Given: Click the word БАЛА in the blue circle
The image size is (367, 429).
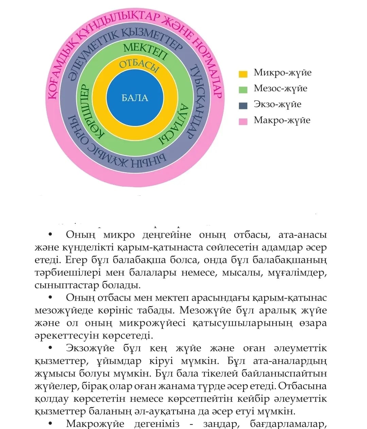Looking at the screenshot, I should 135,98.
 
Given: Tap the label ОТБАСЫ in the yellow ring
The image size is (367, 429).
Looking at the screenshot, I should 139,65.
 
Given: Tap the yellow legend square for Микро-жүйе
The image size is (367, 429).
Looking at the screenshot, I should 243,74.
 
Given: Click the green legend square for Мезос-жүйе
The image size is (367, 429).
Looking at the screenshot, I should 243,90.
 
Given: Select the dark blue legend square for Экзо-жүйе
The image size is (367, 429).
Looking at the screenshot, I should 243,106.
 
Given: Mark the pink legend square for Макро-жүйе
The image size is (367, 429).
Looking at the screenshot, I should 243,121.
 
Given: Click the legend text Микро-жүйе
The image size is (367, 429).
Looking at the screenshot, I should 282,73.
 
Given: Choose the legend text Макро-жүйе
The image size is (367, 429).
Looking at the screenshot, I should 282,120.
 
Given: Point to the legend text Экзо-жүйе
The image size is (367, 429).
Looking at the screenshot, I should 277,104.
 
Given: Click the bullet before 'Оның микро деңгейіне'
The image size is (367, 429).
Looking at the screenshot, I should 50,235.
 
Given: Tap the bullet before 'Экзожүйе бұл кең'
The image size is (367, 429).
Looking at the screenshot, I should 50,348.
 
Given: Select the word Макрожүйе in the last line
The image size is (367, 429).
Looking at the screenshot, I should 95,424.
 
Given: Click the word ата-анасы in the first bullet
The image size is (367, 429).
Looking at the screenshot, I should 302,235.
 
